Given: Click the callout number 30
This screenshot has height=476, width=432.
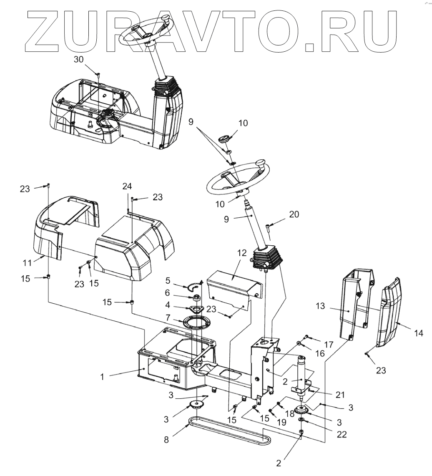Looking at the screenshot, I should pyautogui.click(x=78, y=59).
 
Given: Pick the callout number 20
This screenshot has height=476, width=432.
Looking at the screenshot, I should pyautogui.click(x=294, y=214).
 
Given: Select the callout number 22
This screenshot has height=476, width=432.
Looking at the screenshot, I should pyautogui.click(x=342, y=434).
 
